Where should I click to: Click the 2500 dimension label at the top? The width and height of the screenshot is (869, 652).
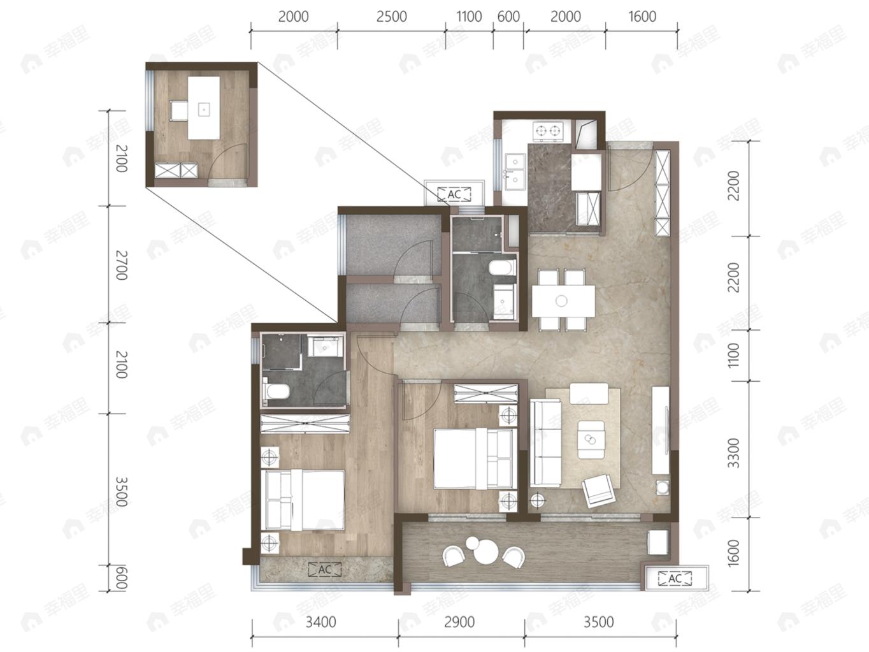pyautogui.click(x=392, y=17)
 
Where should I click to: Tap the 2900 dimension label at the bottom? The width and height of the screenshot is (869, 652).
pyautogui.click(x=459, y=622)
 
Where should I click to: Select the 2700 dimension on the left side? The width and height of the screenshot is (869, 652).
pyautogui.click(x=122, y=265)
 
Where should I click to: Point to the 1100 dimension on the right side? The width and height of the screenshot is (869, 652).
pyautogui.click(x=733, y=355)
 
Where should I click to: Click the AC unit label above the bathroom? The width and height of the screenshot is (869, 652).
pyautogui.click(x=454, y=194)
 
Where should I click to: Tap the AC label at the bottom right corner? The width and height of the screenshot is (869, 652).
pyautogui.click(x=675, y=579)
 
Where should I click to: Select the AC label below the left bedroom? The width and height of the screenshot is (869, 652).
pyautogui.click(x=325, y=570)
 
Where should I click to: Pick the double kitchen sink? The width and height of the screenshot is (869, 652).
pyautogui.click(x=515, y=171)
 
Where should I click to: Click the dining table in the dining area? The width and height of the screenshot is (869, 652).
pyautogui.click(x=563, y=301)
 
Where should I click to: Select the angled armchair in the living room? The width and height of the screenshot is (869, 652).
pyautogui.click(x=598, y=491)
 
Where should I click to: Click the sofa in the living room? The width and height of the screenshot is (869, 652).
pyautogui.click(x=545, y=442)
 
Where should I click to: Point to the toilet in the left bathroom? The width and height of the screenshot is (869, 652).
pyautogui.click(x=276, y=391)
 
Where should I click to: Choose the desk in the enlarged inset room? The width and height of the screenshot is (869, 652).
pyautogui.click(x=203, y=108)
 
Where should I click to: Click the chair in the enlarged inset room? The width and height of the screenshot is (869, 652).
pyautogui.click(x=178, y=110)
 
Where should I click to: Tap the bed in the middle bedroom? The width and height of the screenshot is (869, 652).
pyautogui.click(x=475, y=458)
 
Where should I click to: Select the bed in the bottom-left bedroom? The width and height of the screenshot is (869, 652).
pyautogui.click(x=305, y=500)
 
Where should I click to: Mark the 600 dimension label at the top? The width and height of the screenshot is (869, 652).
pyautogui.click(x=508, y=17)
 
